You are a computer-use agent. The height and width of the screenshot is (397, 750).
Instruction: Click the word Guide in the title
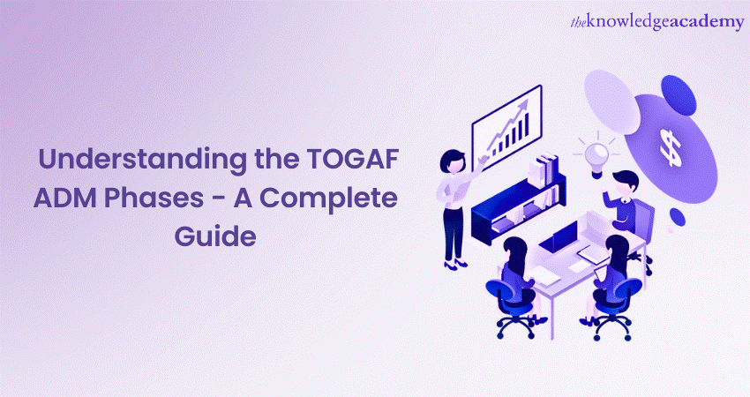(x=215, y=236)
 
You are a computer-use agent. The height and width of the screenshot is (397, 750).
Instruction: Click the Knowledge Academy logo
(x=657, y=22)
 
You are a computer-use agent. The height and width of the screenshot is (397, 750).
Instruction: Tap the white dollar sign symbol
(x=671, y=147)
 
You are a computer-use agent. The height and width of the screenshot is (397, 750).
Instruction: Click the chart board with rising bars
(x=507, y=127)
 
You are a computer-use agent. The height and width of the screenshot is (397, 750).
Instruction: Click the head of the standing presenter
(x=452, y=161)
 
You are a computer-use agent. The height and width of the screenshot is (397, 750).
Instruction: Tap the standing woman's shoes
(x=455, y=264)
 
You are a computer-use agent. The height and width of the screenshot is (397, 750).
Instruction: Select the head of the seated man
(x=625, y=184)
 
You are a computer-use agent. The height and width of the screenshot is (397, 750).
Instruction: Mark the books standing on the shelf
(x=544, y=172)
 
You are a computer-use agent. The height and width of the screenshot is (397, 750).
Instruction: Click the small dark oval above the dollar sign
(x=678, y=93)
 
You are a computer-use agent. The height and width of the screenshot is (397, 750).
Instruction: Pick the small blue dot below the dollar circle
(x=678, y=217)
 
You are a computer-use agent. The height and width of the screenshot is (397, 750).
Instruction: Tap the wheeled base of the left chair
(x=515, y=327)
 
